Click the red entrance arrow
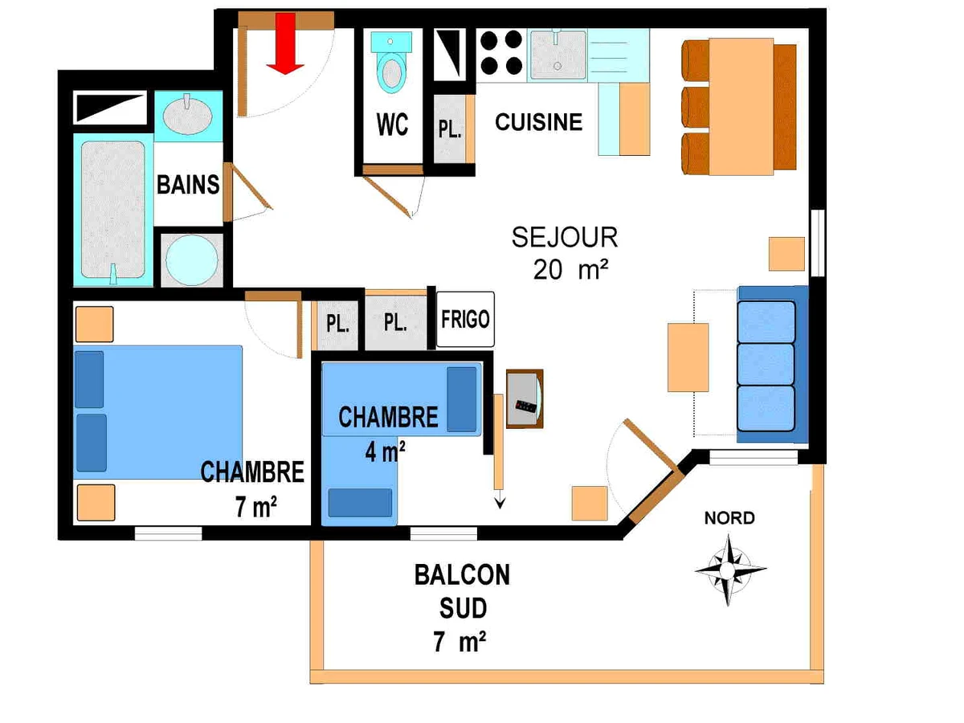(285, 43)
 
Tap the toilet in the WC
(391, 62)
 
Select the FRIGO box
(465, 319)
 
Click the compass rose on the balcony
(729, 570)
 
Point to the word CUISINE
(538, 122)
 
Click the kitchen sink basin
(558, 55)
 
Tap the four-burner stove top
(501, 54)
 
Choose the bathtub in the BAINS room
(113, 210)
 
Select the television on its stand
(525, 398)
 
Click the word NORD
(729, 518)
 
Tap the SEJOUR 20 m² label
(566, 253)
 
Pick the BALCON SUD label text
(462, 592)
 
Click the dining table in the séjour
(741, 107)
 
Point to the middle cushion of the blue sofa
(766, 365)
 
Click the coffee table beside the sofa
(688, 357)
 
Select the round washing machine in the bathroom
(192, 260)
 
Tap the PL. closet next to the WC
(450, 129)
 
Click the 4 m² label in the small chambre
(385, 451)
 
